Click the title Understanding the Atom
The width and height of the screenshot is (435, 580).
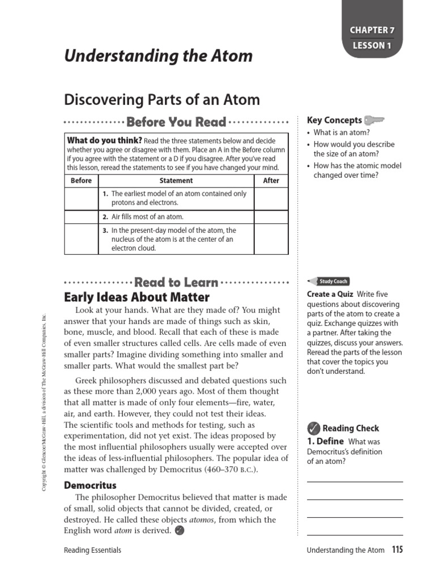tap(158, 56)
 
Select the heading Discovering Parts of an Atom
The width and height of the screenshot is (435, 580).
tap(162, 100)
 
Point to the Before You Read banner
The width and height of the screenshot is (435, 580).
tap(176, 122)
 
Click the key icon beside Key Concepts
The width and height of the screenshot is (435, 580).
tap(374, 120)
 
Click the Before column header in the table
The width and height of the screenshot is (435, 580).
tap(81, 181)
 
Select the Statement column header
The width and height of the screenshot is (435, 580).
tap(176, 181)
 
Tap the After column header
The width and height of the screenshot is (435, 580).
tap(271, 181)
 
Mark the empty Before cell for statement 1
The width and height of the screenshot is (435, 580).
tap(81, 198)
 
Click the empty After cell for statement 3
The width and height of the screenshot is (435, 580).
tap(271, 239)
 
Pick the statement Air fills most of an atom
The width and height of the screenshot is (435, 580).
tap(147, 217)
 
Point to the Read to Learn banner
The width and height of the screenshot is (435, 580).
tap(176, 282)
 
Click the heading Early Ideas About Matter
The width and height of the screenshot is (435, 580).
tap(137, 297)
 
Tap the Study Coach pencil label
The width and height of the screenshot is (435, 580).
tap(329, 281)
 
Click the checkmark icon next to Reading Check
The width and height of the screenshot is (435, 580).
tap(313, 428)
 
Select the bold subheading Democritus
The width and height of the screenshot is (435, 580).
tap(90, 485)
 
